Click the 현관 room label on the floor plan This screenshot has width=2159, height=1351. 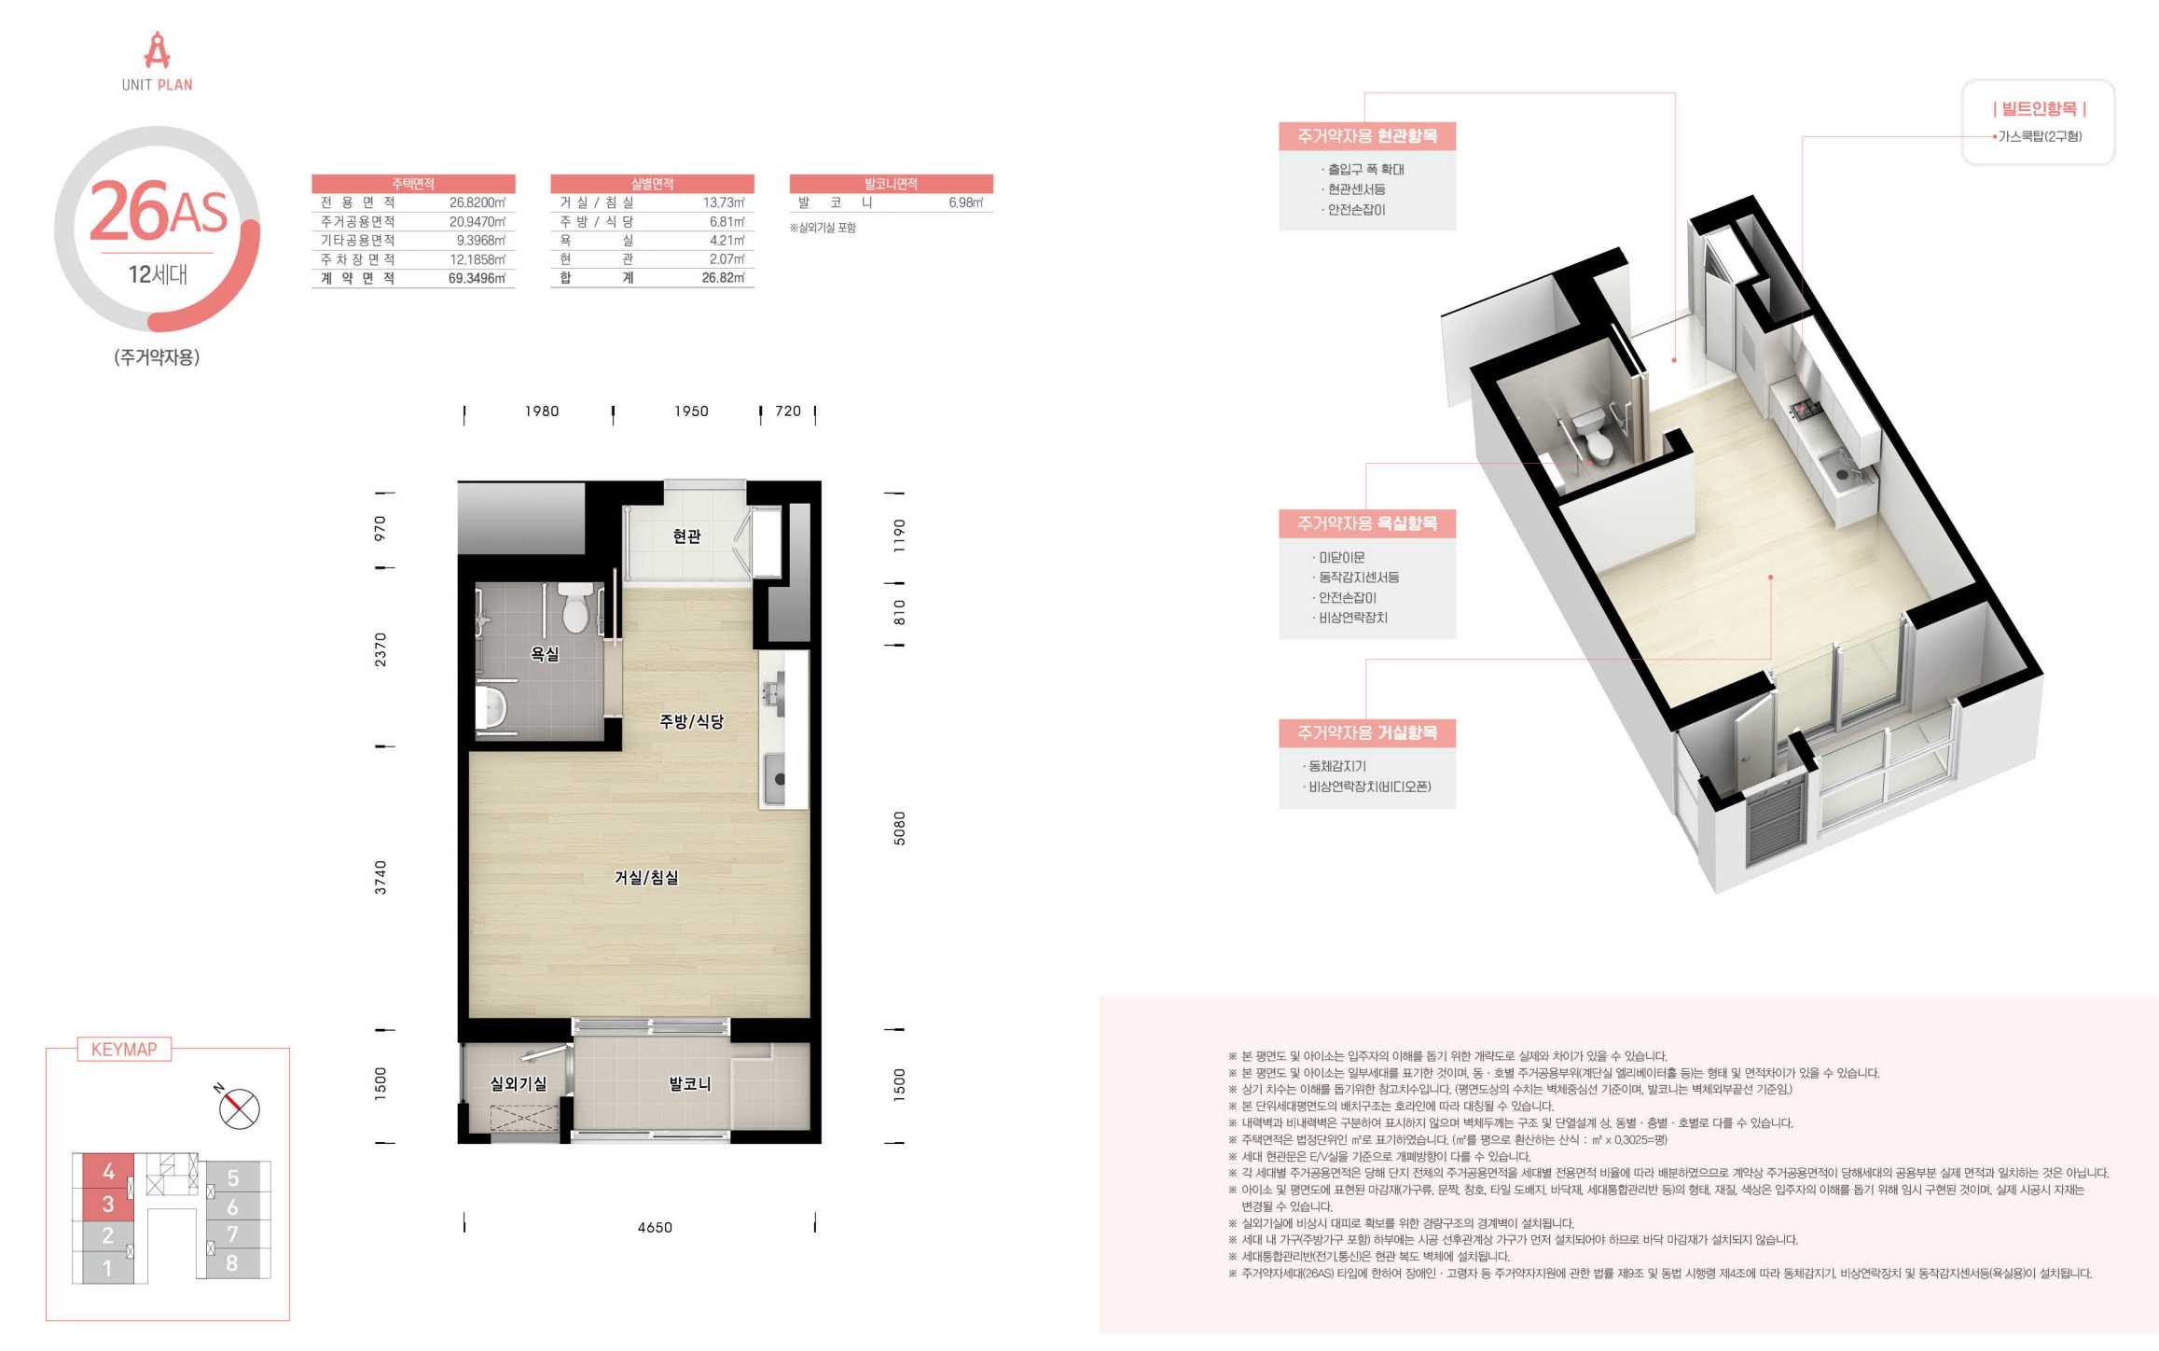[x=686, y=536]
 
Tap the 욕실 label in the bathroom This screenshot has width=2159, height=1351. [x=545, y=654]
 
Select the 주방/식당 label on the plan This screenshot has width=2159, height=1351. [x=691, y=721]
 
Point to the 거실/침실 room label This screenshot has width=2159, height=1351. [x=646, y=877]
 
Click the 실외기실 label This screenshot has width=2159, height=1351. [x=519, y=1083]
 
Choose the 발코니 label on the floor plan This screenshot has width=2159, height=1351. [x=690, y=1083]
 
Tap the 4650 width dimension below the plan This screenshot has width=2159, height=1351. [x=655, y=1227]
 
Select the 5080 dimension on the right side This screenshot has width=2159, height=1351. [x=899, y=828]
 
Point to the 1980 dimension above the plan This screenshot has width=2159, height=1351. [x=542, y=411]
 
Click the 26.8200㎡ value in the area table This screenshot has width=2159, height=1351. [x=477, y=202]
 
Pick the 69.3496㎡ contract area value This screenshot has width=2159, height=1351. [x=477, y=278]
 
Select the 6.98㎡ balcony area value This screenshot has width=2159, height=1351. [x=966, y=202]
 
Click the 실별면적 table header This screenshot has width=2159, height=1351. [x=652, y=184]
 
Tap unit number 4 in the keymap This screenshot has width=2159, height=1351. [x=108, y=1171]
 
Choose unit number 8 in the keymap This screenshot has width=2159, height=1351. [x=232, y=1263]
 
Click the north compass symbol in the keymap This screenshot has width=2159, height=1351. [x=239, y=1108]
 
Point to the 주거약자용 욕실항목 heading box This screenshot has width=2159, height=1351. [x=1367, y=523]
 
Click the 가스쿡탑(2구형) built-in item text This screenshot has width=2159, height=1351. [x=2040, y=136]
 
